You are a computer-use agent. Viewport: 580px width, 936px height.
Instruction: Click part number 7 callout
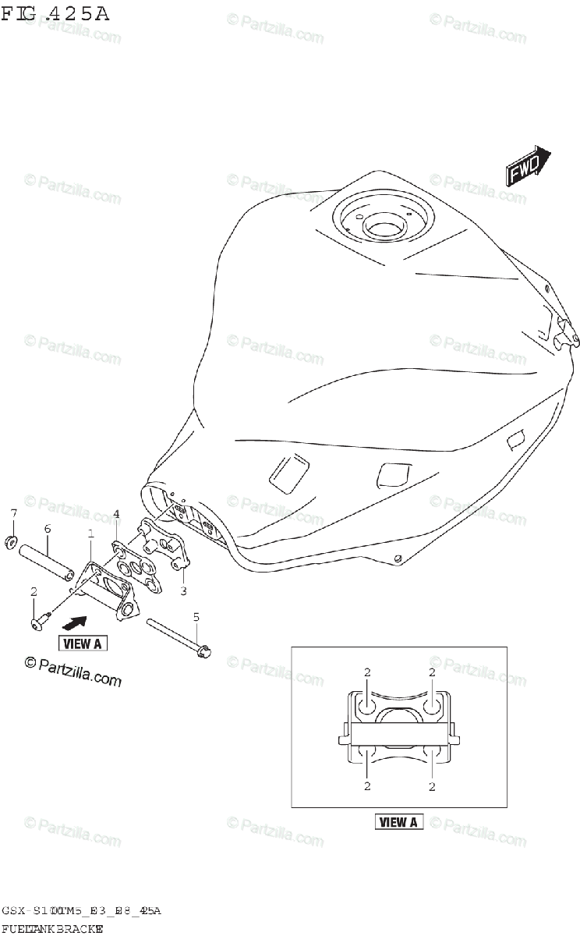13,512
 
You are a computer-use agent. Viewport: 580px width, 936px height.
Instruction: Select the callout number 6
48,529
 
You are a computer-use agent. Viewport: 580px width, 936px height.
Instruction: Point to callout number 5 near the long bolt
196,616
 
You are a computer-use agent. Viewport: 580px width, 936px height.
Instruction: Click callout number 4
116,513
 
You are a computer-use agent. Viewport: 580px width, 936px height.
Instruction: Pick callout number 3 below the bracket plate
182,590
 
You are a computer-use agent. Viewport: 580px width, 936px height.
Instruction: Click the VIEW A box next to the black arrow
82,643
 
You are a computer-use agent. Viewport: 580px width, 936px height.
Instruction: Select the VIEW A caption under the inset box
399,821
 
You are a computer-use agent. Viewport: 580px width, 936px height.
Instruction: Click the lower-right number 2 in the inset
431,786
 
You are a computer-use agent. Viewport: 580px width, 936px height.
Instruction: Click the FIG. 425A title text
54,13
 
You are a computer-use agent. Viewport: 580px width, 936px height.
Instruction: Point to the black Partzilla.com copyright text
73,671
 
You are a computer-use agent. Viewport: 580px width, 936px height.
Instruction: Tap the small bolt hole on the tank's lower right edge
398,558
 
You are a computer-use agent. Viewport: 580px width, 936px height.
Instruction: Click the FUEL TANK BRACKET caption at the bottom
53,929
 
